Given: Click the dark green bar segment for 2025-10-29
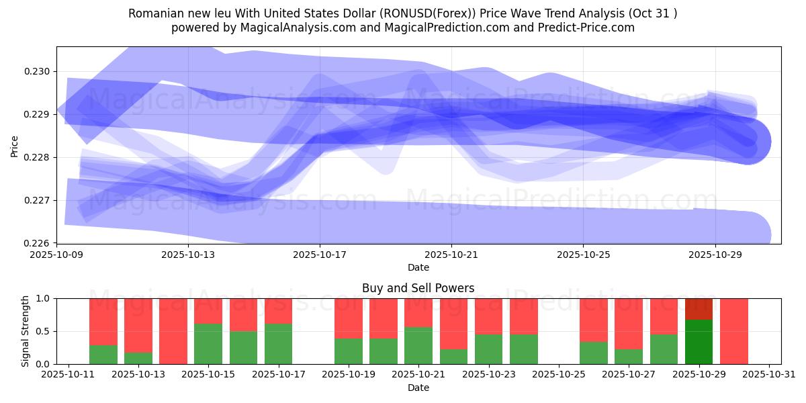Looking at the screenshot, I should (699, 342).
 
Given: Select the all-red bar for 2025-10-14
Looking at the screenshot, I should (173, 331).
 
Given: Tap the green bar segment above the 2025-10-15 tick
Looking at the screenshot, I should (208, 344).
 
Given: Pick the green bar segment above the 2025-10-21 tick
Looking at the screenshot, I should (418, 345).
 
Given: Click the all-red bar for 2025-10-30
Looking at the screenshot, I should (734, 331).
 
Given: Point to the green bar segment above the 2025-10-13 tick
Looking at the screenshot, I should (138, 358).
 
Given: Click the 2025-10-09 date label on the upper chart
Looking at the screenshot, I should (57, 255).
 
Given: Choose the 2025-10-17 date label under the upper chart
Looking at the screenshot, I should (320, 255).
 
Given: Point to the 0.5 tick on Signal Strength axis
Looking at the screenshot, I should (44, 331).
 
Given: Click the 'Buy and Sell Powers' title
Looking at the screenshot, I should (418, 288).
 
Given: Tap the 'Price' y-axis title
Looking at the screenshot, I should (15, 145).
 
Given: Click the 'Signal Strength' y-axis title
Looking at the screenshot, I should (26, 331).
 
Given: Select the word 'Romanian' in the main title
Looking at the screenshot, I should (154, 13).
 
